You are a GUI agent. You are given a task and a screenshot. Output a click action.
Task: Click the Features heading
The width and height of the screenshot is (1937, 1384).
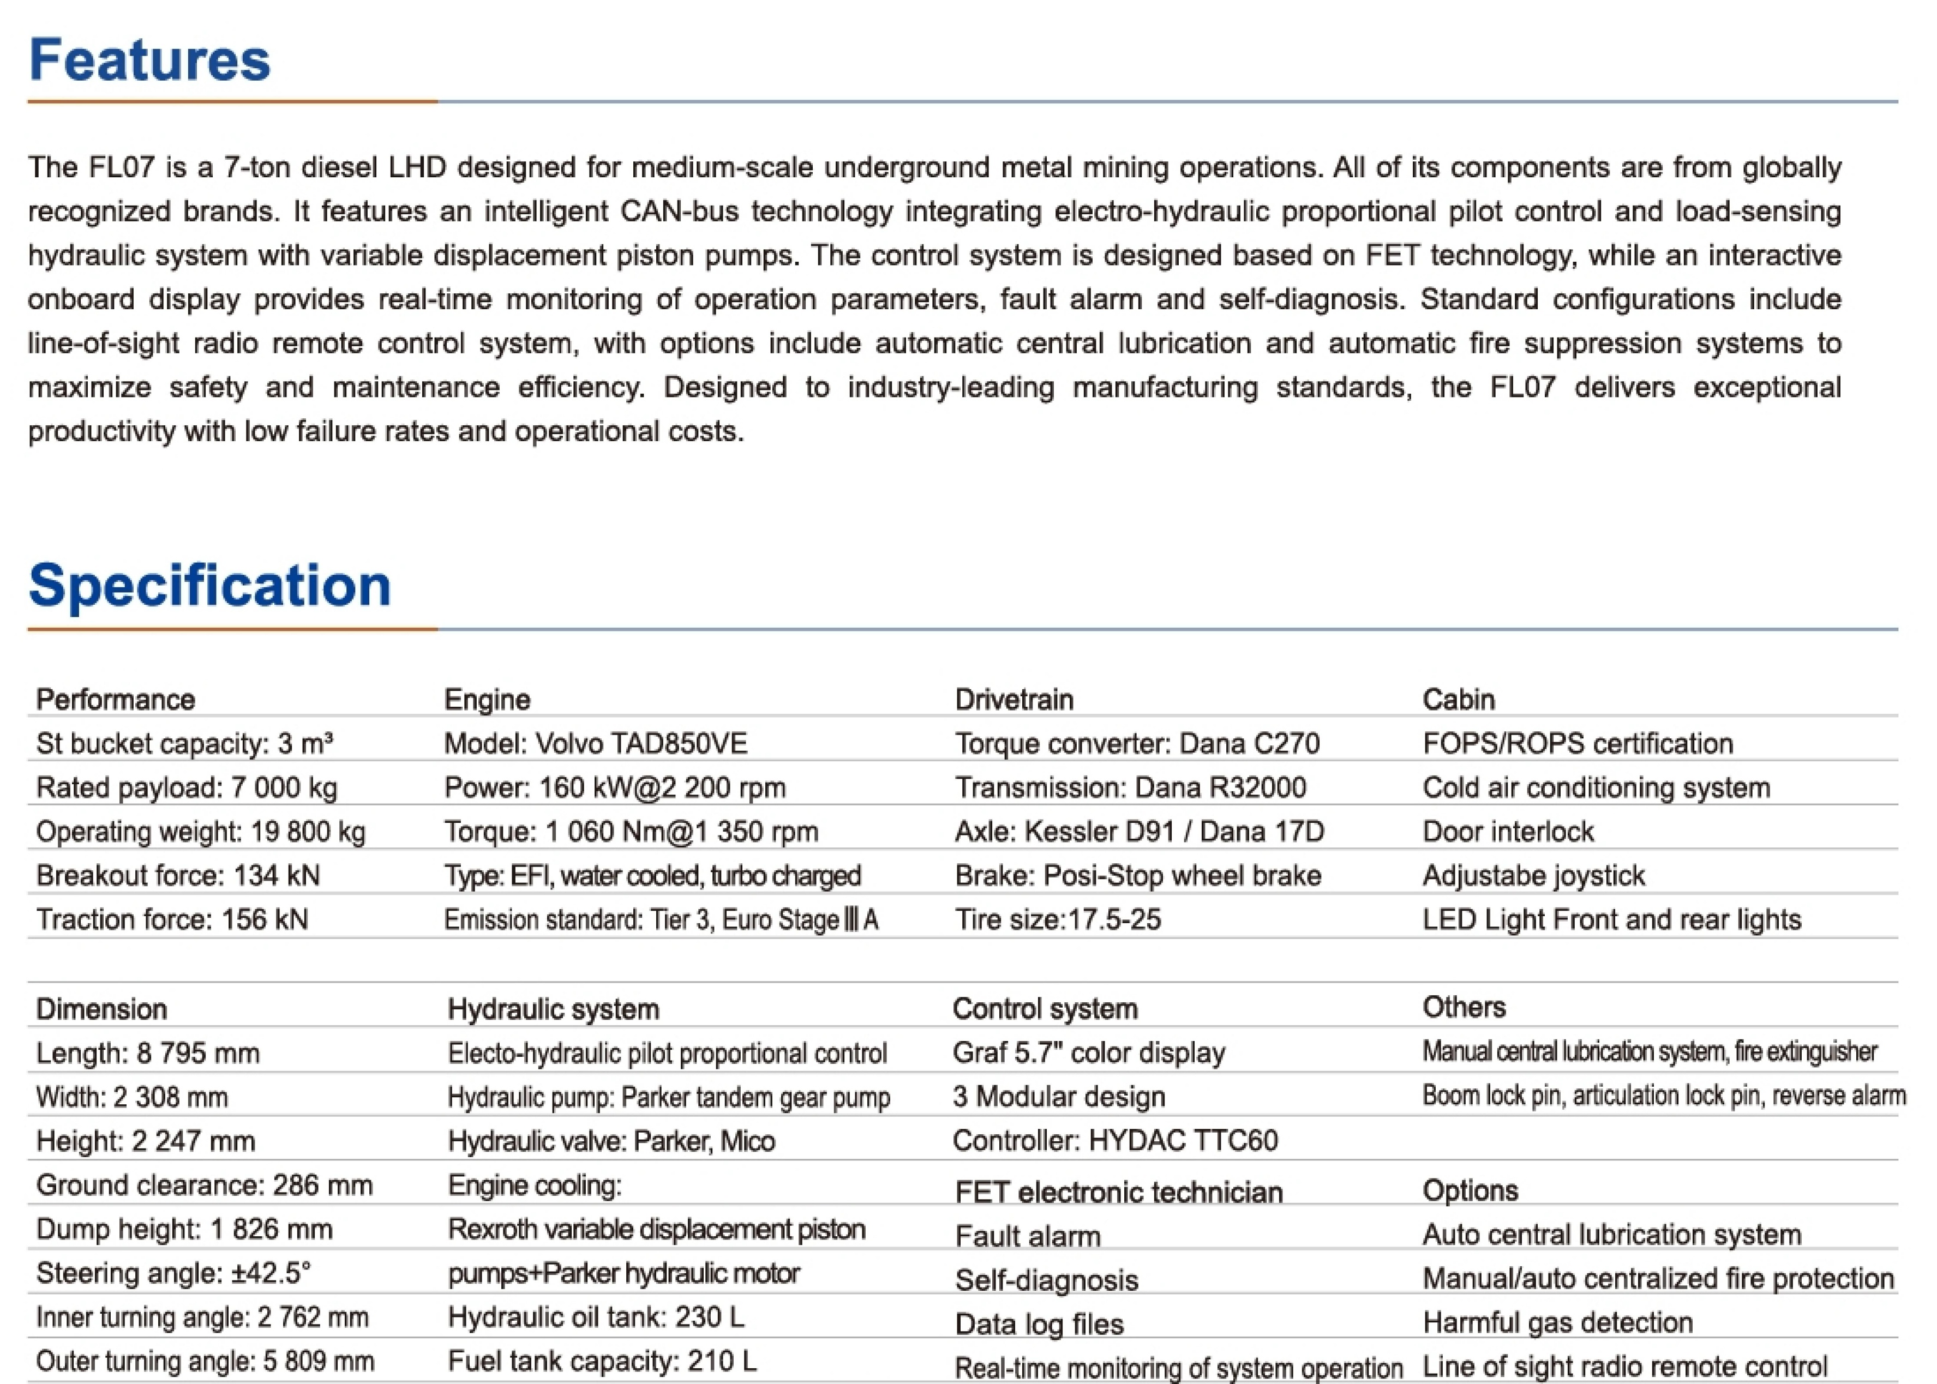[149, 61]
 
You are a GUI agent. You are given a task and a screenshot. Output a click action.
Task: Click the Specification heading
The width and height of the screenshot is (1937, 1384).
[209, 586]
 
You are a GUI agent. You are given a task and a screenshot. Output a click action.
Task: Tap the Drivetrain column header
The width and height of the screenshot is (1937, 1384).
[1014, 700]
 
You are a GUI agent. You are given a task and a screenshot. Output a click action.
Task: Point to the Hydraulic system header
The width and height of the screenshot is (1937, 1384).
[553, 1009]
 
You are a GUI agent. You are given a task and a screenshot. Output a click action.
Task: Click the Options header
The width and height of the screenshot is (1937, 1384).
[1470, 1190]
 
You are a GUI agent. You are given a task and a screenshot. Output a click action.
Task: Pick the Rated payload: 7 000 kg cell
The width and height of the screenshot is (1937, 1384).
[186, 787]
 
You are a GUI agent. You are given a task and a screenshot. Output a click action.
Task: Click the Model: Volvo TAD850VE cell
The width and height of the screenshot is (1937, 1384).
[595, 743]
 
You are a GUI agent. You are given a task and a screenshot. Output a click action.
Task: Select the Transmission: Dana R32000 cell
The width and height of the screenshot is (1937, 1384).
[1130, 787]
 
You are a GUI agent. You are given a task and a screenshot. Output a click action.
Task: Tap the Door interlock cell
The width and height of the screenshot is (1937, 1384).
[1507, 831]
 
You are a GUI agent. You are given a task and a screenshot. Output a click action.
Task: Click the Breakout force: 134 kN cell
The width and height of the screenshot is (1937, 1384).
[177, 875]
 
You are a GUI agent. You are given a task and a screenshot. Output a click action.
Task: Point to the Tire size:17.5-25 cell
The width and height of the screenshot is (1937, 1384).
[1057, 919]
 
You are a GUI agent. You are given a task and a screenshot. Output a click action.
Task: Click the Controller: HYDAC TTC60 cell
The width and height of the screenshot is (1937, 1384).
[1114, 1140]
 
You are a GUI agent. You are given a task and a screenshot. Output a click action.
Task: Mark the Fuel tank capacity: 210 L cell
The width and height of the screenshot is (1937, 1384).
[602, 1361]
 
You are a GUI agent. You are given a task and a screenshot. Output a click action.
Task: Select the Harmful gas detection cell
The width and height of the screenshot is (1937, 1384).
[1557, 1322]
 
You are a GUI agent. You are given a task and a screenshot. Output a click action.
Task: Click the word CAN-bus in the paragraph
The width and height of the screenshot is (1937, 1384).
[679, 212]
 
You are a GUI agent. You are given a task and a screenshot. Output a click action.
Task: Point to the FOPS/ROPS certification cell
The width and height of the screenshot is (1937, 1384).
[1577, 743]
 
